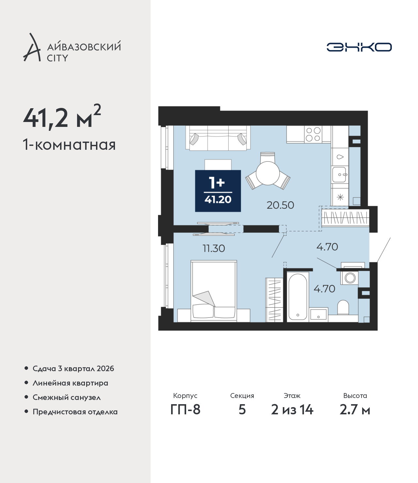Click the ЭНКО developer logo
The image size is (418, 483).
359,47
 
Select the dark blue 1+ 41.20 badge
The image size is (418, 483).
218,191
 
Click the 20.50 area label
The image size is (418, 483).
280,205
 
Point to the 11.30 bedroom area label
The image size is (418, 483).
214,248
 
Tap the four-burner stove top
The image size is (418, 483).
313,134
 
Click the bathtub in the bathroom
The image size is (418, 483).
297,297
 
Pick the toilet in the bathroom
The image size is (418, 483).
343,307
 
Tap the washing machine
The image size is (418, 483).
350,278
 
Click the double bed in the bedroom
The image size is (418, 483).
214,291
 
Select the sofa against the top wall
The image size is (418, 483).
218,138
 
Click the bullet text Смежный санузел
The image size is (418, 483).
67,397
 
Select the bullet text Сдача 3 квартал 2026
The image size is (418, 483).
73,369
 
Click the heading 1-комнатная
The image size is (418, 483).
69,145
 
